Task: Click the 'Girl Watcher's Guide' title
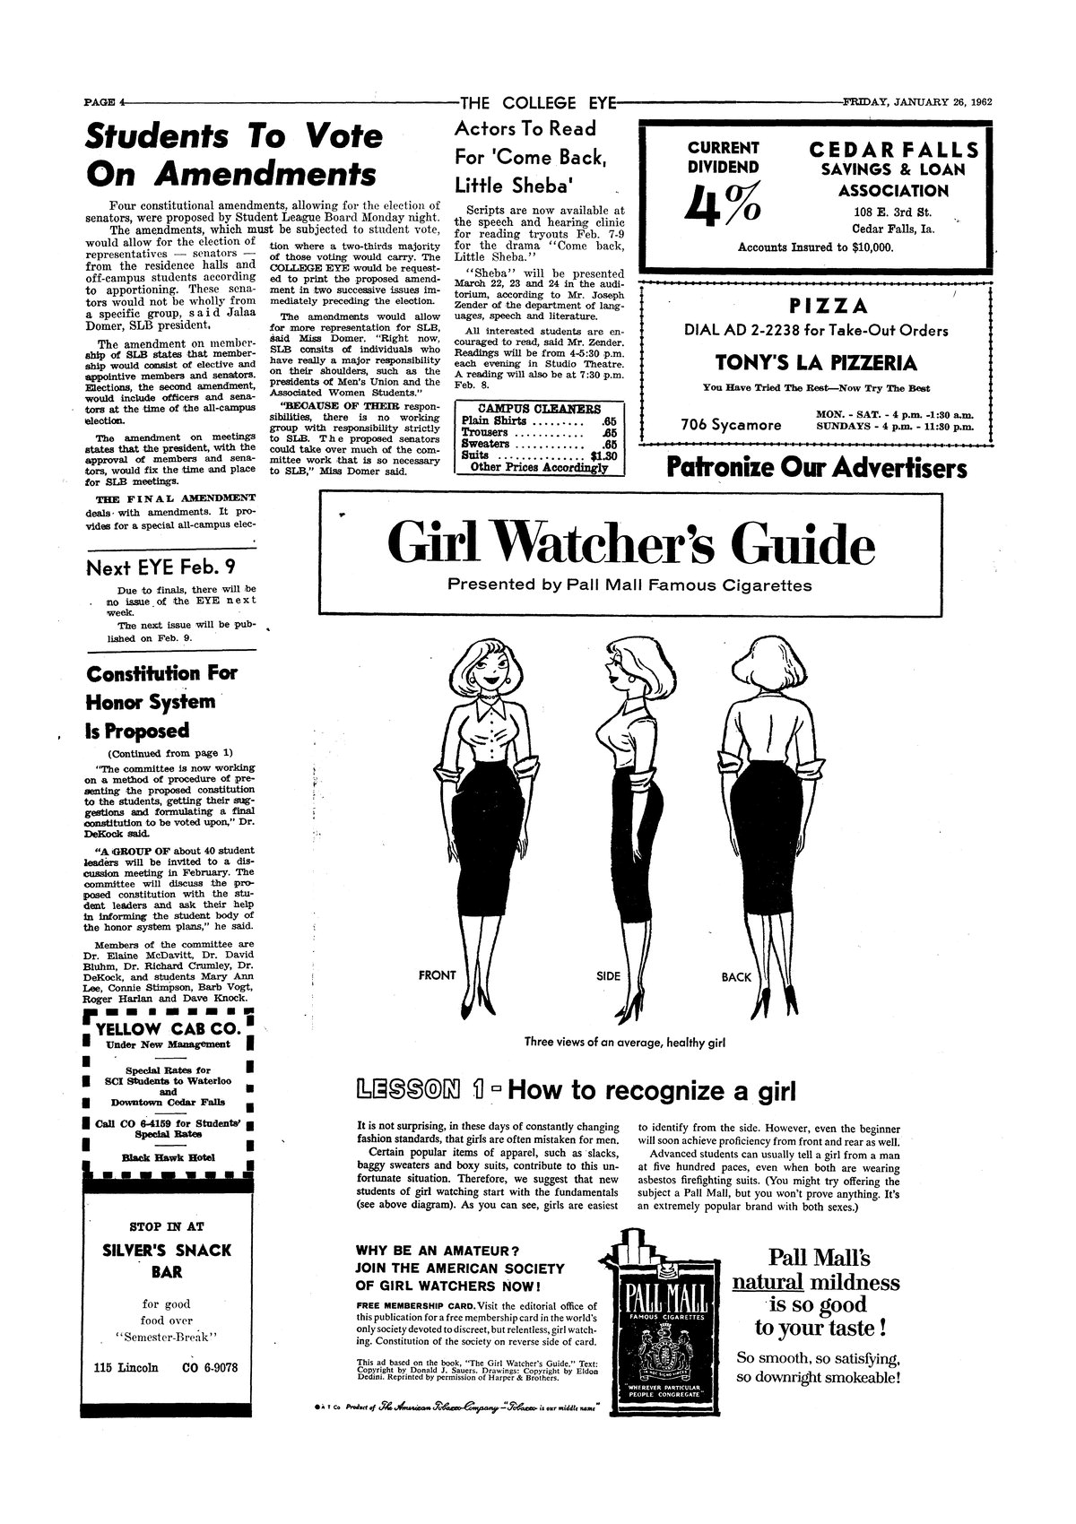point(630,544)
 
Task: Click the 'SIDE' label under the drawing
point(609,975)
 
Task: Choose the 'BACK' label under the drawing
point(736,977)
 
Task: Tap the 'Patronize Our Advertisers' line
point(815,468)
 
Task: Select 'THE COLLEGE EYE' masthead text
point(537,102)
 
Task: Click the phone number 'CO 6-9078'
point(215,1368)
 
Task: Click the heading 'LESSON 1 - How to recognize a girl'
point(576,1091)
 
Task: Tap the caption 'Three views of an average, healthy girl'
point(624,1043)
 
